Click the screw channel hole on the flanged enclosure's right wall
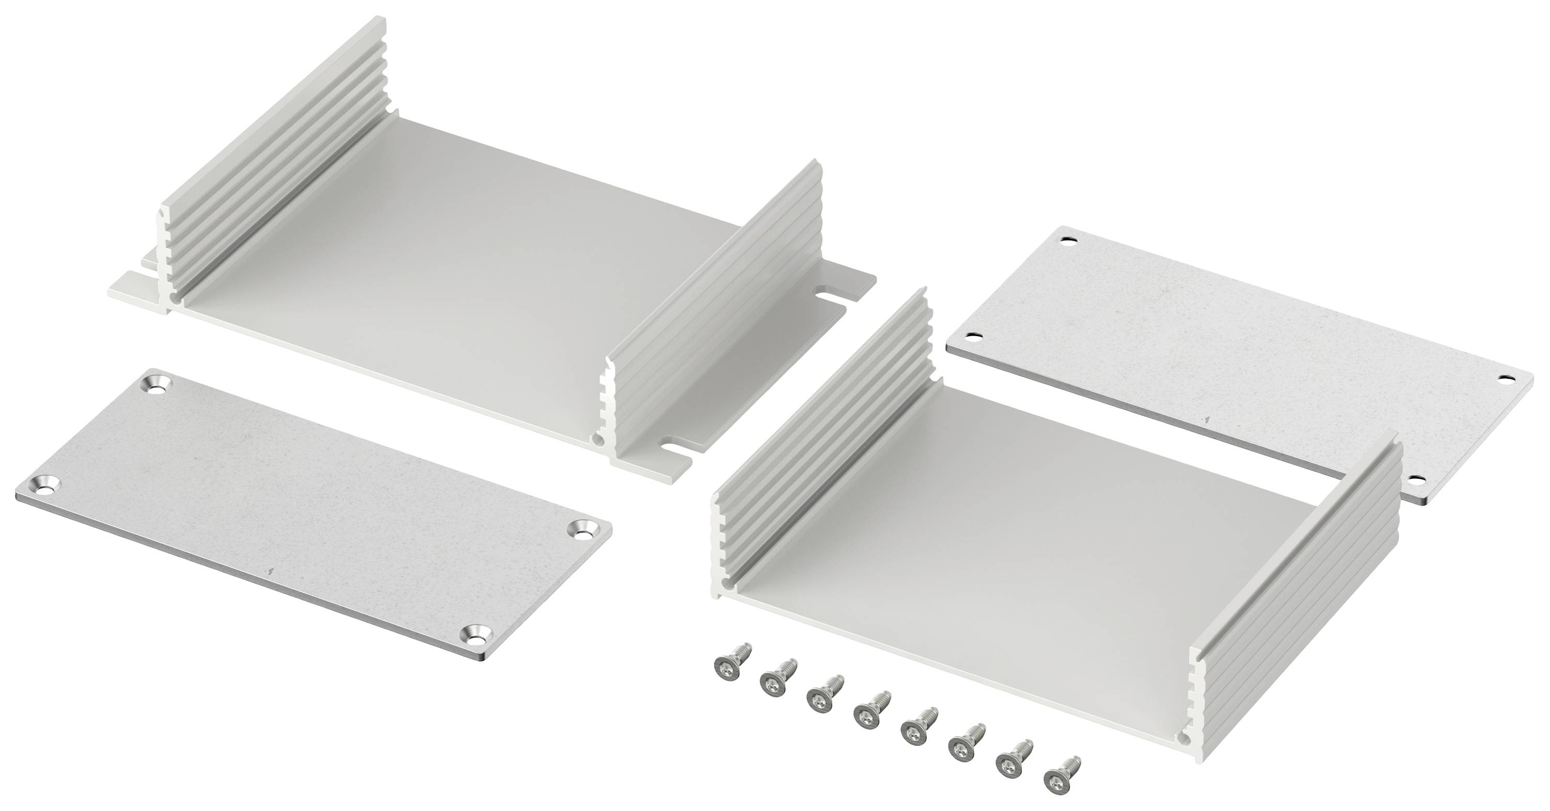[597, 441]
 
